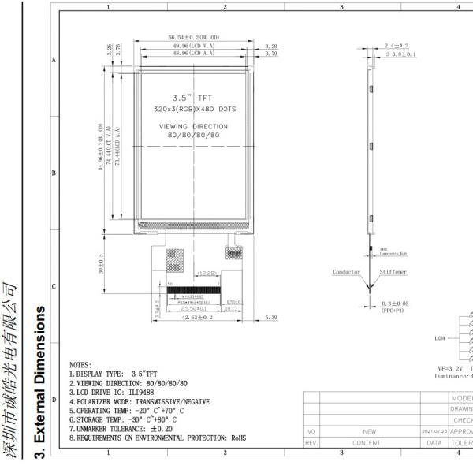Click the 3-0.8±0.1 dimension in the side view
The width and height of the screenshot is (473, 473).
coord(400,55)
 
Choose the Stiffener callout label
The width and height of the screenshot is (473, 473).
coord(395,271)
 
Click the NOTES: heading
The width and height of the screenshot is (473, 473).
coord(80,365)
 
